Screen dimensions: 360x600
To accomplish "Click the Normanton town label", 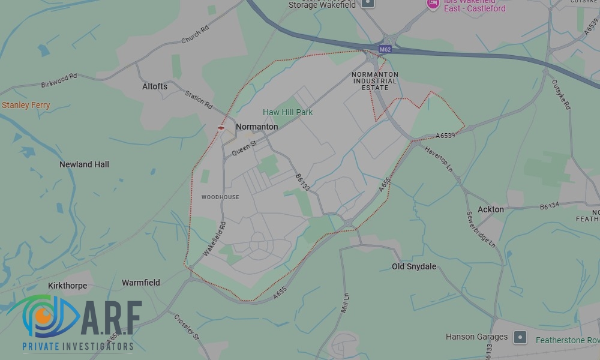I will pyautogui.click(x=257, y=127).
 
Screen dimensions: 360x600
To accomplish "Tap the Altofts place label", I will pyautogui.click(x=155, y=86).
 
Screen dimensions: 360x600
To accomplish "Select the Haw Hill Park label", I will pyautogui.click(x=288, y=112).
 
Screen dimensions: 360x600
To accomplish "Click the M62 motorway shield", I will pyautogui.click(x=385, y=49).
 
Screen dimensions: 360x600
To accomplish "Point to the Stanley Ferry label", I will pyautogui.click(x=26, y=105).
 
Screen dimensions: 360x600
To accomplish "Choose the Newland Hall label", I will pyautogui.click(x=84, y=164).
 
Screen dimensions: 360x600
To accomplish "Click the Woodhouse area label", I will pyautogui.click(x=220, y=197).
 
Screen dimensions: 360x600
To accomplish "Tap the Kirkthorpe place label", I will pyautogui.click(x=67, y=286).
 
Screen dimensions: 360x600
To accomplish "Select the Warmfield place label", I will pyautogui.click(x=141, y=283).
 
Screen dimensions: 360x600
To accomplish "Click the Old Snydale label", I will pyautogui.click(x=414, y=266).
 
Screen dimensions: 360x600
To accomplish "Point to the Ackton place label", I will pyautogui.click(x=491, y=209).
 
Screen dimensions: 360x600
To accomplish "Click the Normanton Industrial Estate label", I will pyautogui.click(x=375, y=81).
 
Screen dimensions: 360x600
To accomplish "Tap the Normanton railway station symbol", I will pyautogui.click(x=221, y=127).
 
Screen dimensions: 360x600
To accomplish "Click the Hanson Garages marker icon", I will pyautogui.click(x=520, y=337).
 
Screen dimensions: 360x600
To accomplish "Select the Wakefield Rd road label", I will pyautogui.click(x=214, y=239).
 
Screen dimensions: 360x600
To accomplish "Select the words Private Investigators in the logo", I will pyautogui.click(x=77, y=346).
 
